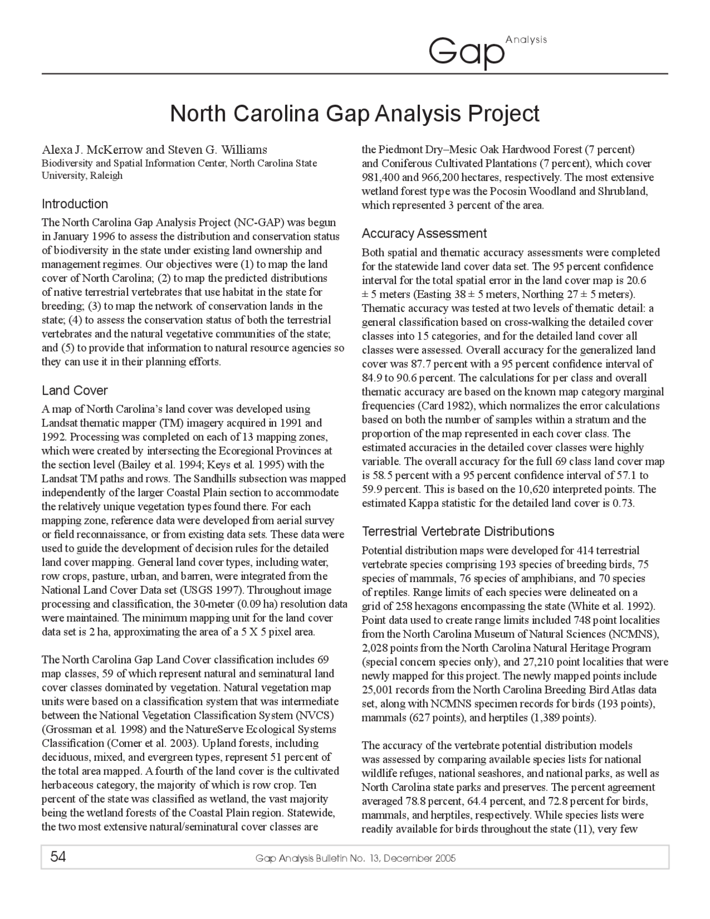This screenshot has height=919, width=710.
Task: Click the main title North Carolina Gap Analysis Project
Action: point(354,113)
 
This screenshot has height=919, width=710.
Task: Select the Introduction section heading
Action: point(75,204)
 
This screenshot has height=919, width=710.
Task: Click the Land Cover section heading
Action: point(75,390)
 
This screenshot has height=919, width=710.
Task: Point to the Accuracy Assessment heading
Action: point(424,233)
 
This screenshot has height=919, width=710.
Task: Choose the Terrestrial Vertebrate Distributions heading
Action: point(458,531)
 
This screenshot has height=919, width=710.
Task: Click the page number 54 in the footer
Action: point(58,857)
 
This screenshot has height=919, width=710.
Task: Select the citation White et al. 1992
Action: point(616,606)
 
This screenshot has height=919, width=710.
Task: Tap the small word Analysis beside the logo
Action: point(526,39)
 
